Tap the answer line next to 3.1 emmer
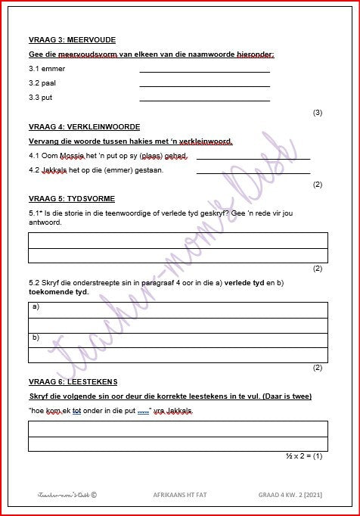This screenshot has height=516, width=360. (204, 71)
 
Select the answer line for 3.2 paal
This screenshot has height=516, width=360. (204, 85)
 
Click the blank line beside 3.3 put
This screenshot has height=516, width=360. (204, 100)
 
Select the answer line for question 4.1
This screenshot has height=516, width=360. (253, 158)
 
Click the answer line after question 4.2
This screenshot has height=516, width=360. (253, 173)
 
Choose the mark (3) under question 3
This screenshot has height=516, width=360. (318, 113)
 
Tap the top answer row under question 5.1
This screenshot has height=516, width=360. (178, 241)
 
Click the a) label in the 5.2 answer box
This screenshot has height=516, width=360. (36, 308)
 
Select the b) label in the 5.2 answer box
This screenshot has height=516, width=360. (36, 337)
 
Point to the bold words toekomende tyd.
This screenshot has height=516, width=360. (58, 291)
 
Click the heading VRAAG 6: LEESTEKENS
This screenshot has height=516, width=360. (73, 381)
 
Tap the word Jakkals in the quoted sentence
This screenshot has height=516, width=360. (179, 411)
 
